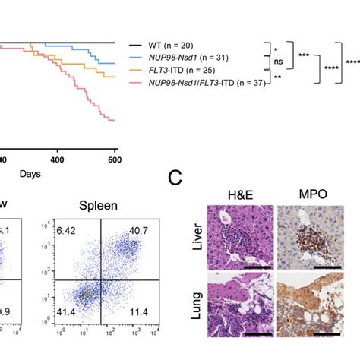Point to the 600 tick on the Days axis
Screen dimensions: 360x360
point(115,159)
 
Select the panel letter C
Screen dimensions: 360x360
point(176,179)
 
